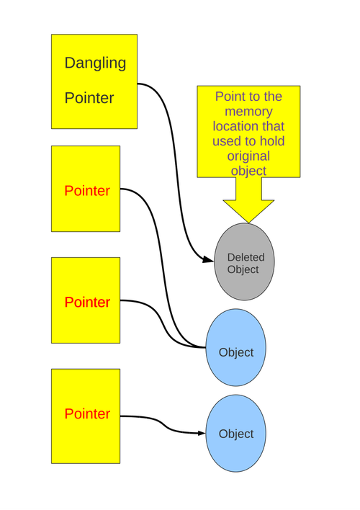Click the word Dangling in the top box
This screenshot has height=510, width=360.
pyautogui.click(x=95, y=63)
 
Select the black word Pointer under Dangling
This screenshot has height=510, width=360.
pyautogui.click(x=89, y=98)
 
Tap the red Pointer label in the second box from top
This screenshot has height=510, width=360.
pyautogui.click(x=87, y=191)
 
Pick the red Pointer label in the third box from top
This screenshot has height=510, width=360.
pyautogui.click(x=87, y=303)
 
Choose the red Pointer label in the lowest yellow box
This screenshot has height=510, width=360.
pyautogui.click(x=87, y=414)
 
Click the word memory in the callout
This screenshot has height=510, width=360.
pyautogui.click(x=248, y=112)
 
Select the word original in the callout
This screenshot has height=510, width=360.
pyautogui.click(x=248, y=156)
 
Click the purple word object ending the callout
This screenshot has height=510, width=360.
pyautogui.click(x=248, y=171)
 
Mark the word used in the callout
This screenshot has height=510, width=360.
pyautogui.click(x=227, y=141)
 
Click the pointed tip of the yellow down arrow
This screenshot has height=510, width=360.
pyautogui.click(x=248, y=220)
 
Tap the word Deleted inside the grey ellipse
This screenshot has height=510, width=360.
pyautogui.click(x=246, y=257)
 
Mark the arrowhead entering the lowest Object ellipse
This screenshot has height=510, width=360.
pyautogui.click(x=202, y=433)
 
